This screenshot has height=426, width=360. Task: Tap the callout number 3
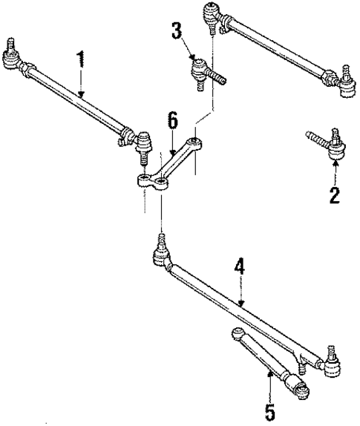(x=176, y=32)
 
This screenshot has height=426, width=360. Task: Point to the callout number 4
(x=239, y=266)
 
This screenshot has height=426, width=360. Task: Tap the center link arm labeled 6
(x=171, y=160)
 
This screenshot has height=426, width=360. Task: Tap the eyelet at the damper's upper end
(x=238, y=333)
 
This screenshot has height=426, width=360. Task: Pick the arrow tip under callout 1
(x=82, y=97)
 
